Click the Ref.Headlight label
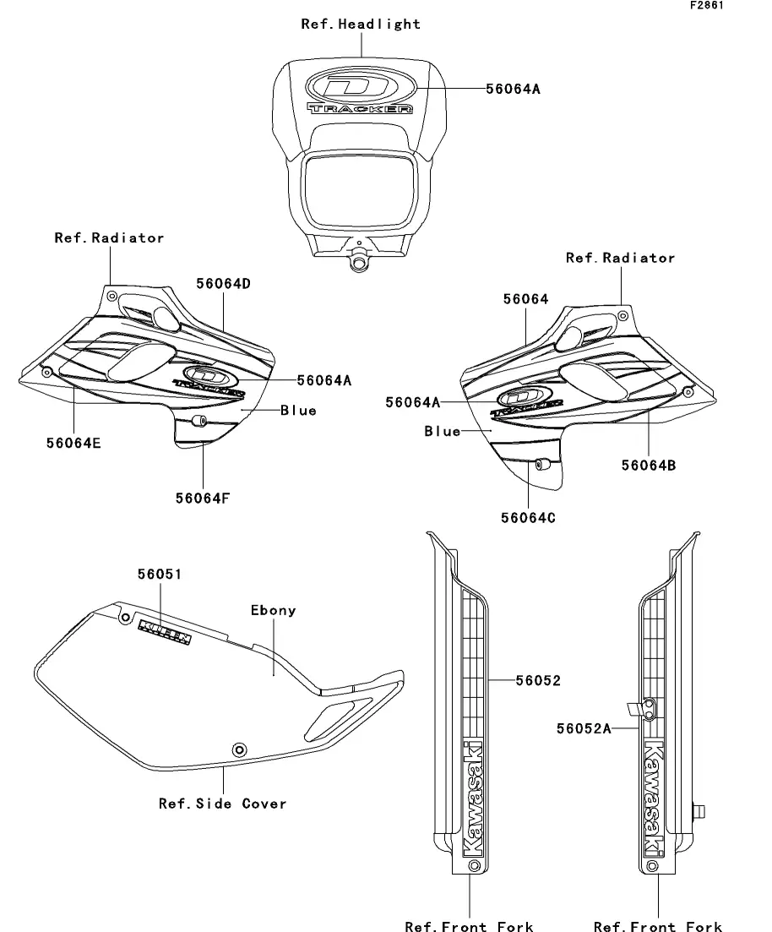[x=361, y=25]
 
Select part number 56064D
[x=223, y=284]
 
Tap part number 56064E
[x=73, y=442]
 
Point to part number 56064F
[x=203, y=498]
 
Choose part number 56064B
[x=649, y=465]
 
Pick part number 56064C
[x=528, y=518]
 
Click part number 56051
[x=160, y=575]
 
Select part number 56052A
[x=583, y=728]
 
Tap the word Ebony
[x=274, y=610]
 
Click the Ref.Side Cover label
[x=223, y=804]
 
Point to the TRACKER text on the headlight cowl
[x=360, y=109]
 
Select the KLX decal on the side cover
[x=165, y=630]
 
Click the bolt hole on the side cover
[x=240, y=749]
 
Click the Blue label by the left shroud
[x=298, y=411]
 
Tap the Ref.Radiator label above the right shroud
[x=620, y=258]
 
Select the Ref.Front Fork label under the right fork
[x=658, y=926]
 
